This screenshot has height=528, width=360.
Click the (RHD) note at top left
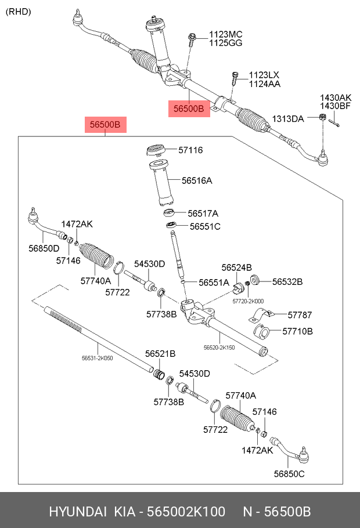[18, 12]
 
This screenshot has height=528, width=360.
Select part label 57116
[190, 150]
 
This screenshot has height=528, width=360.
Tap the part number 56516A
[197, 180]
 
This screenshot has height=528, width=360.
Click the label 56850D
[44, 249]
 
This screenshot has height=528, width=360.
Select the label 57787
[300, 315]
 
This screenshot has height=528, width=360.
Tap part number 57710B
[298, 331]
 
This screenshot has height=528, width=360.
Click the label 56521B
[160, 353]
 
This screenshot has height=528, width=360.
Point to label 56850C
[289, 474]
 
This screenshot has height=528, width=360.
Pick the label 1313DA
[288, 119]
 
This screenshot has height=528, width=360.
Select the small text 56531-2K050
[97, 359]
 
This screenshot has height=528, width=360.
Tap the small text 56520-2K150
[219, 347]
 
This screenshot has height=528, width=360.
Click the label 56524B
[236, 267]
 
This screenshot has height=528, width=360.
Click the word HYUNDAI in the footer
[77, 512]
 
